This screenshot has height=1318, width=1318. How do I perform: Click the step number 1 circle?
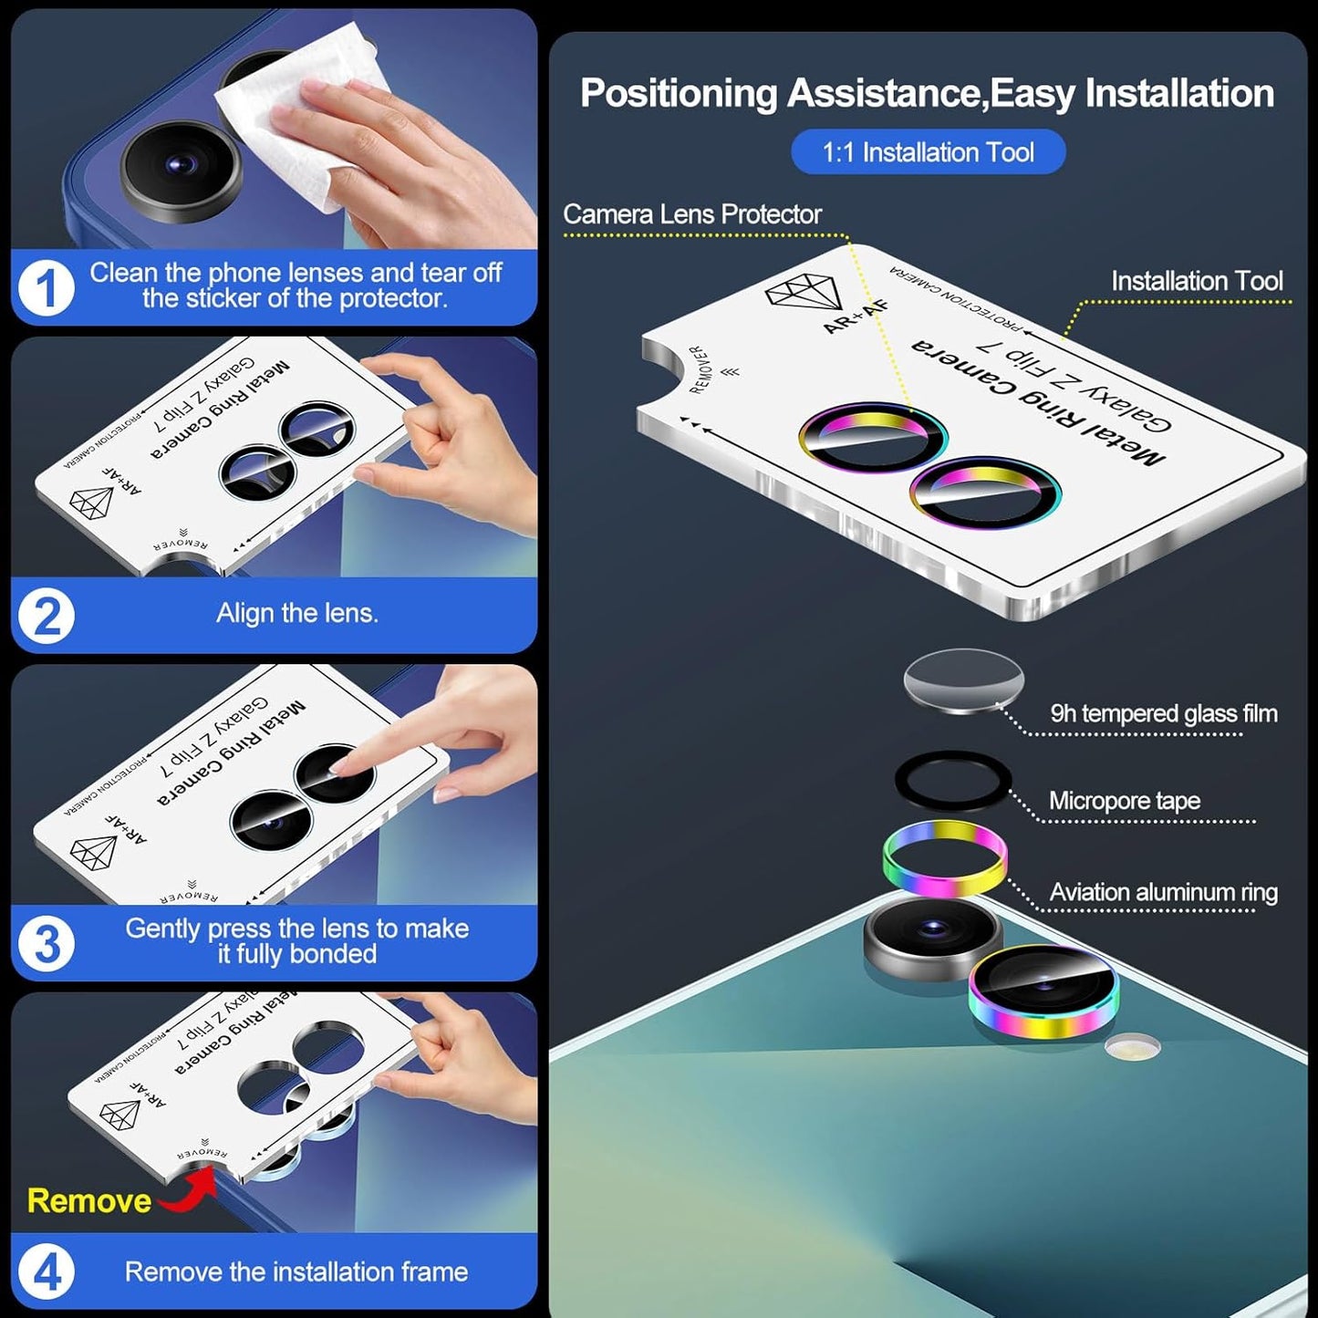click(46, 288)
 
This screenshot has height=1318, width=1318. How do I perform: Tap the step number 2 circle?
click(47, 617)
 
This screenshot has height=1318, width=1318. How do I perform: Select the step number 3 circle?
click(47, 944)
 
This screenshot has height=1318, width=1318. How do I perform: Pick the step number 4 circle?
click(47, 1271)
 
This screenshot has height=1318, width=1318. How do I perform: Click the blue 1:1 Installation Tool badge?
click(928, 152)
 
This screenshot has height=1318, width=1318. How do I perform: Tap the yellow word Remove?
click(88, 1200)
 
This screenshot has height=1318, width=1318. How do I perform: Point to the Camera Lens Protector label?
click(691, 214)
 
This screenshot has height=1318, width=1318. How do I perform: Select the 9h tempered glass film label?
click(1163, 713)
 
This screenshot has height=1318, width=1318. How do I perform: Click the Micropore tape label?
click(1124, 801)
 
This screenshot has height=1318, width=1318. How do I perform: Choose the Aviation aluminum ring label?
click(1163, 892)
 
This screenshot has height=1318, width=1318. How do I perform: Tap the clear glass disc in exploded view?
click(963, 680)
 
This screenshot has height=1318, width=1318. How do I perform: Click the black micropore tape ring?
click(953, 781)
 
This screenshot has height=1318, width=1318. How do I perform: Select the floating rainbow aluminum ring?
click(945, 858)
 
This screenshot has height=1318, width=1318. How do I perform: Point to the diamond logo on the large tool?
click(800, 292)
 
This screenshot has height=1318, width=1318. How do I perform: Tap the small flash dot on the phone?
click(1132, 1047)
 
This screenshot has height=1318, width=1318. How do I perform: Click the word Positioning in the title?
click(678, 93)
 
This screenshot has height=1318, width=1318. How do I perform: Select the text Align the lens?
click(296, 613)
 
